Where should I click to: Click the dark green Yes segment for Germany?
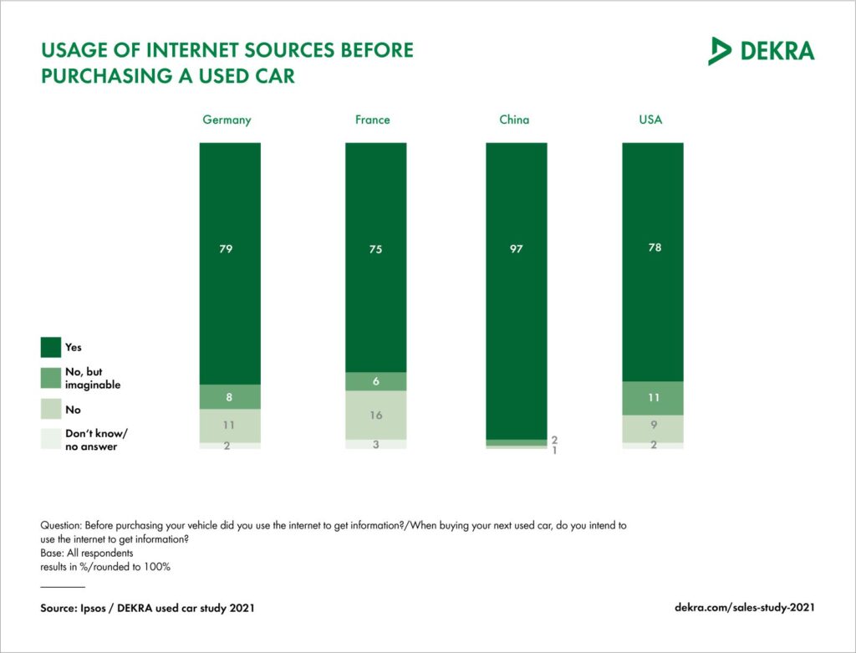230,263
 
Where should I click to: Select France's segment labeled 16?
376,416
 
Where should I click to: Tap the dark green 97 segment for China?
517,291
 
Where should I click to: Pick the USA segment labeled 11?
653,398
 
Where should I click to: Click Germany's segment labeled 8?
230,397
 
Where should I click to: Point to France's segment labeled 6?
376,381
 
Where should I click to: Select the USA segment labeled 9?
653,429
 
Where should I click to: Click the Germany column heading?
227,120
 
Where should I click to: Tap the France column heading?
373,120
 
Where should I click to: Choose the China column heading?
514,120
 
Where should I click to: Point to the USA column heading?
650,120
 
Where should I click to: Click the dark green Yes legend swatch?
51,347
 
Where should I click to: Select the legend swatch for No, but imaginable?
51,379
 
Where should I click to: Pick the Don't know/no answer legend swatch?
51,439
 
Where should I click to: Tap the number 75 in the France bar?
375,249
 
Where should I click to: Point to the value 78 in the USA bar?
655,247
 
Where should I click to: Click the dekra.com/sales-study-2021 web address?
745,607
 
